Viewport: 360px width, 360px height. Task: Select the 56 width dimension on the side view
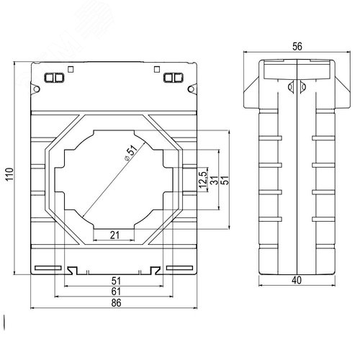click(x=297, y=45)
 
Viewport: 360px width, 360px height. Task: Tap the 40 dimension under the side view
click(x=297, y=281)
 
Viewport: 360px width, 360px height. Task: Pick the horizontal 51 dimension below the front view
click(x=115, y=281)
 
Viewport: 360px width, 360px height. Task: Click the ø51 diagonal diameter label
click(x=130, y=154)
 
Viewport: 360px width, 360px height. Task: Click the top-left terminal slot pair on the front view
click(x=54, y=77)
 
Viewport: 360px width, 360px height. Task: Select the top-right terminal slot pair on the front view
click(x=173, y=77)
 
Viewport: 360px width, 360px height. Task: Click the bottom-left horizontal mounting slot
click(x=48, y=268)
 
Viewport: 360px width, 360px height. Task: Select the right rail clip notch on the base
click(x=154, y=271)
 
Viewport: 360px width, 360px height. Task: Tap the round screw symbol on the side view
click(x=292, y=88)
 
